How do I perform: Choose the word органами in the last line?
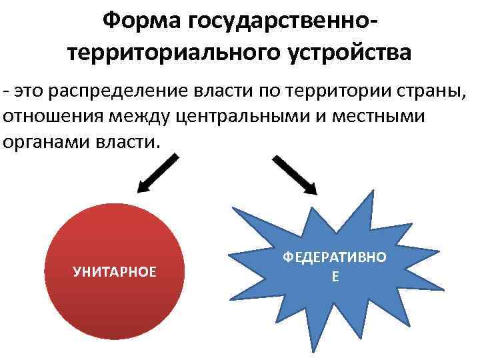tap(43, 142)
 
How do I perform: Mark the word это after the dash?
tap(31, 91)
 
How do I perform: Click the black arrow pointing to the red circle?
tap(158, 171)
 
